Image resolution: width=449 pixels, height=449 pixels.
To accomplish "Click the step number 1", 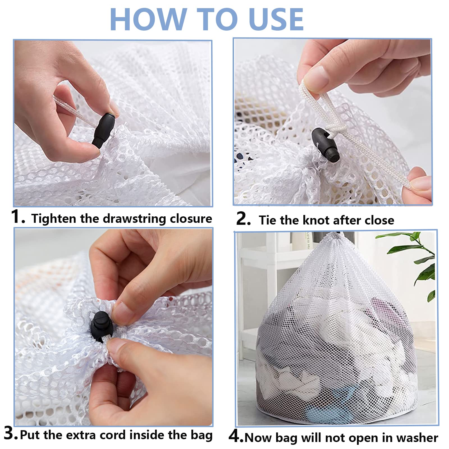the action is coord(17,217).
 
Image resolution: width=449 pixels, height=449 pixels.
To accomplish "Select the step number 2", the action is coord(243,219).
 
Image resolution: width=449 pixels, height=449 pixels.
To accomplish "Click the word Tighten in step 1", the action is coord(54,219).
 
